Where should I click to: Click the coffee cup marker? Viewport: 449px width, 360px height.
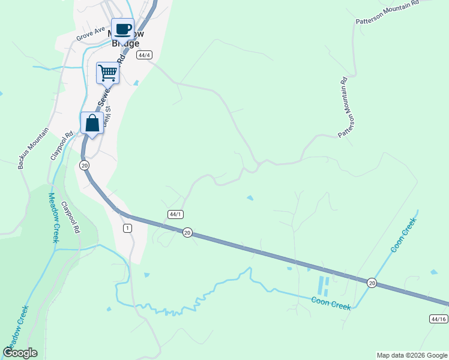122,29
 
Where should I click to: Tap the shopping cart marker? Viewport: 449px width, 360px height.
108,73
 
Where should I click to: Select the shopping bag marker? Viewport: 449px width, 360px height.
92,124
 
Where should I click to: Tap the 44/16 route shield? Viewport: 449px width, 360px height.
439,319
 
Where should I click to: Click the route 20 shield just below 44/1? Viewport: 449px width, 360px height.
187,232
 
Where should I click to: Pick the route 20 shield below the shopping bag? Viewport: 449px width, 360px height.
84,165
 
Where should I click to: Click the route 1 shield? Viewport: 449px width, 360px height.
127,228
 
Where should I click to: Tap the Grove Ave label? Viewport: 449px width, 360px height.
91,34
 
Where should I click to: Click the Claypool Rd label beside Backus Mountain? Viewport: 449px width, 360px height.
58,143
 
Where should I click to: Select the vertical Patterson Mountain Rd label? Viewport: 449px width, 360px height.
343,107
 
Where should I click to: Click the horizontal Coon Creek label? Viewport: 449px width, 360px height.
331,303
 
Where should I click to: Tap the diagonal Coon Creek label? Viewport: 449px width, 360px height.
403,234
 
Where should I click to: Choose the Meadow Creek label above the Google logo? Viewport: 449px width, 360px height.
16,331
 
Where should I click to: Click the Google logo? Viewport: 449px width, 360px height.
20,353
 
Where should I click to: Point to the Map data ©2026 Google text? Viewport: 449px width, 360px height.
411,355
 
